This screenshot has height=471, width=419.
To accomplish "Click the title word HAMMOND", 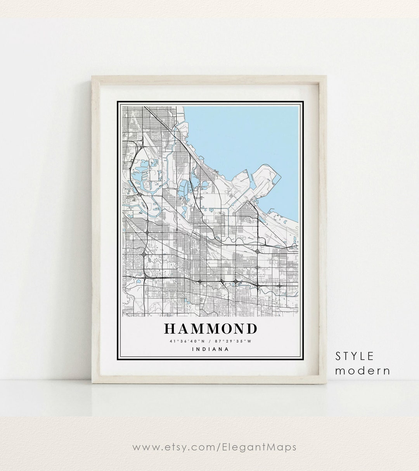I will tap(210, 328).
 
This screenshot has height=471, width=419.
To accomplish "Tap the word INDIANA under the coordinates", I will tap(210, 349).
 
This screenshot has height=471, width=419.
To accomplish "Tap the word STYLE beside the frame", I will tap(355, 356).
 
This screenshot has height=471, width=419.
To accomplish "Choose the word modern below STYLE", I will tap(363, 370).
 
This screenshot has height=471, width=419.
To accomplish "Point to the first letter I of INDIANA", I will tap(193, 349).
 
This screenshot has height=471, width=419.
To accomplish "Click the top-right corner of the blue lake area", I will tap(297, 108).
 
